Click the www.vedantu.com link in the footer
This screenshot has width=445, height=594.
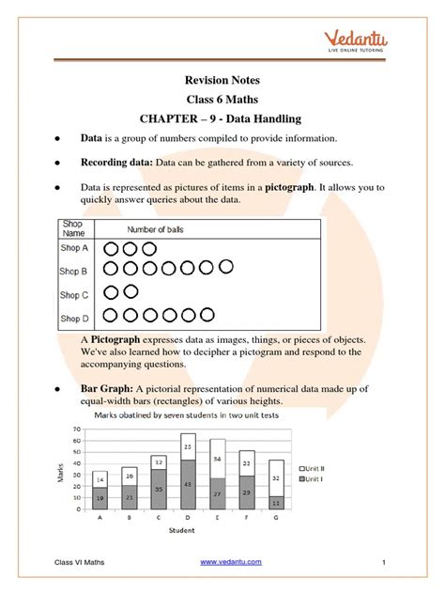tap(232, 561)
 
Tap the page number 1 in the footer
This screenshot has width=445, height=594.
tap(385, 562)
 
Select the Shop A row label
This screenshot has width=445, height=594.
tap(75, 249)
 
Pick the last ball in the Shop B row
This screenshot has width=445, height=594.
tap(226, 269)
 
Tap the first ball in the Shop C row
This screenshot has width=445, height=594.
tap(111, 292)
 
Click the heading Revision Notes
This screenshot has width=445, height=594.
tap(222, 82)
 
